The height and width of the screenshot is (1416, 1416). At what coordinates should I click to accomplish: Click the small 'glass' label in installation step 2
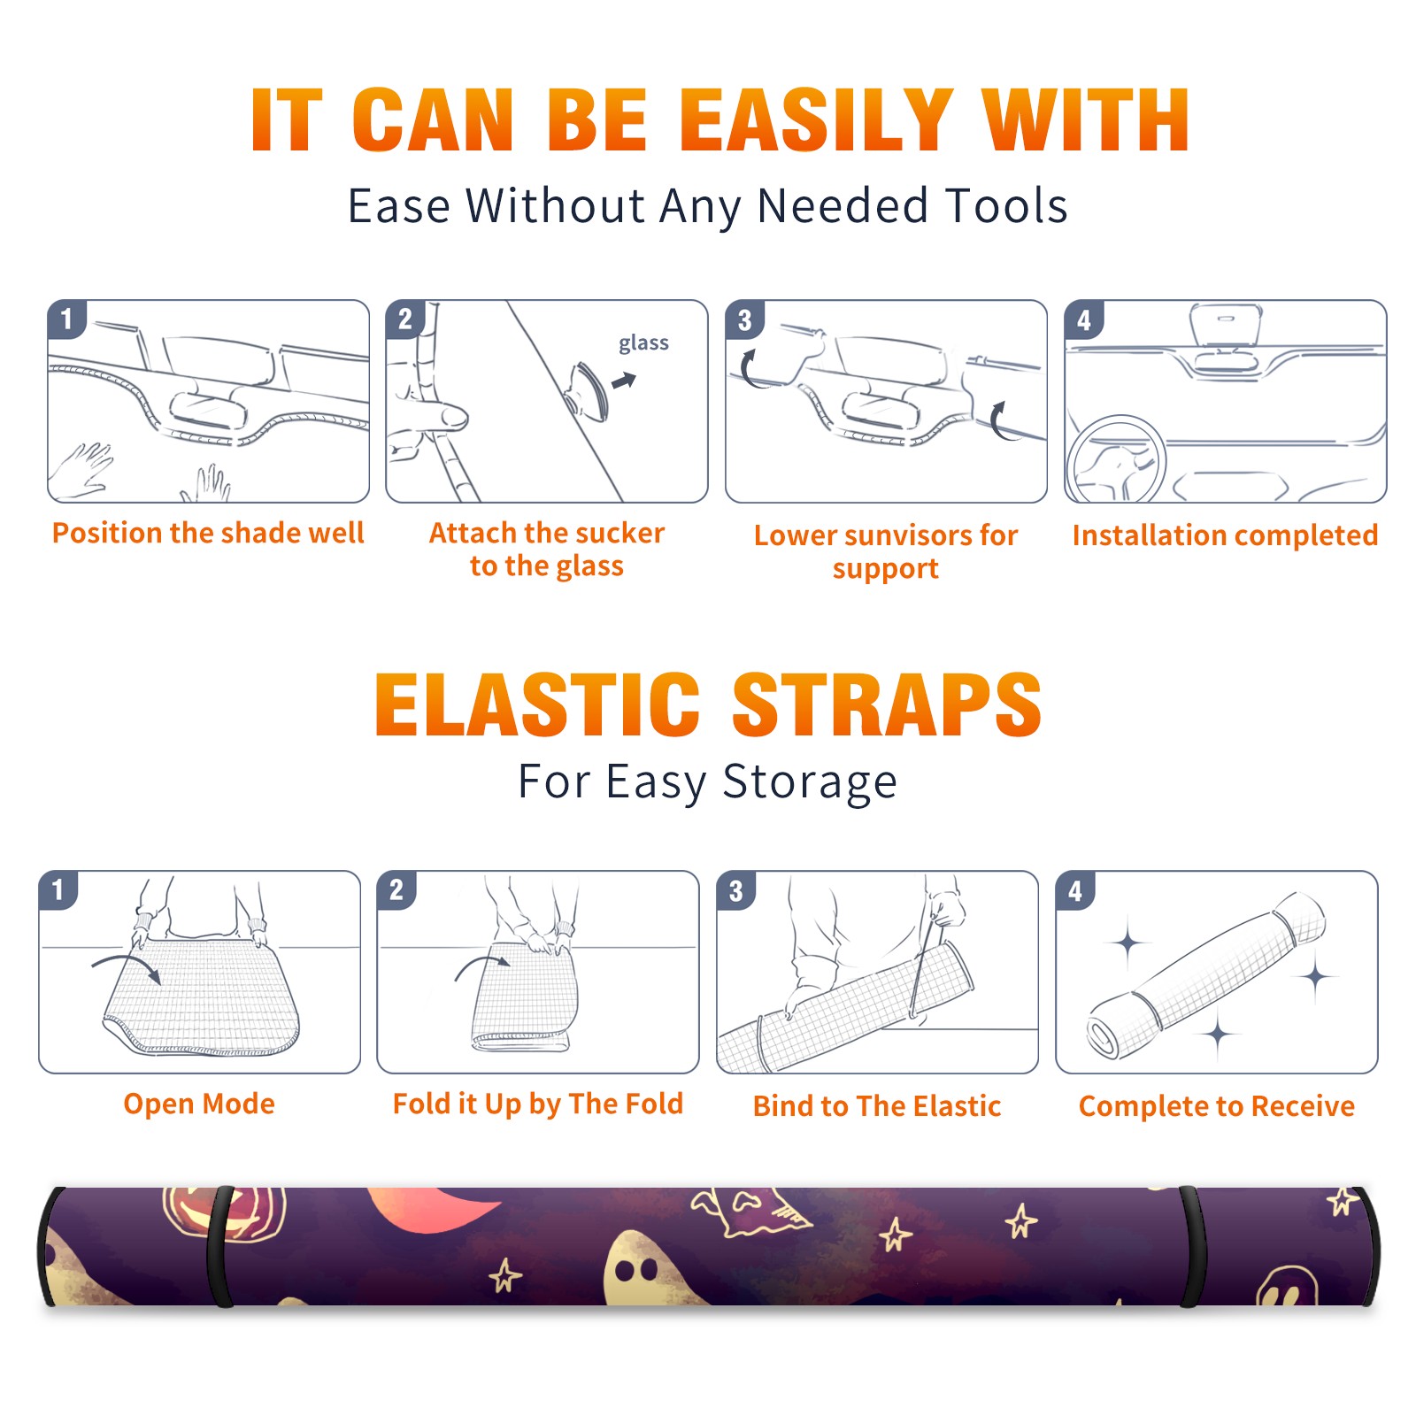[643, 343]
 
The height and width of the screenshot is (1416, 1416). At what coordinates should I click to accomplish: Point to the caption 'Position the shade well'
[208, 533]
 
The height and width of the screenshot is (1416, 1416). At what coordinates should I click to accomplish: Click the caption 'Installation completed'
[1225, 535]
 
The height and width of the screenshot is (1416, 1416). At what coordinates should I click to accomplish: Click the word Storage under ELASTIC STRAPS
[810, 782]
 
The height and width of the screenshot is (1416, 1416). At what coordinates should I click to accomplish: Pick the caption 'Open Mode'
[199, 1104]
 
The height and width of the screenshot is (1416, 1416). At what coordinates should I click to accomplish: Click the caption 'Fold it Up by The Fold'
[538, 1104]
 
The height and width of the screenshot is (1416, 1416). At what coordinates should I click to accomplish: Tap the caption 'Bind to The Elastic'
[877, 1105]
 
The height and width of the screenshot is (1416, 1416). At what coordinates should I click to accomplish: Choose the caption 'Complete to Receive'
[1217, 1105]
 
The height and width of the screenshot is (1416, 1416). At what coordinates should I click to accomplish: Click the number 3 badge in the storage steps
[736, 890]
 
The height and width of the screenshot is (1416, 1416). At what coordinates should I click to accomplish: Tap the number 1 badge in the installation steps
[66, 318]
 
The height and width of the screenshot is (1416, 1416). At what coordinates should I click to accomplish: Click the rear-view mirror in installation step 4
[1225, 325]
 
